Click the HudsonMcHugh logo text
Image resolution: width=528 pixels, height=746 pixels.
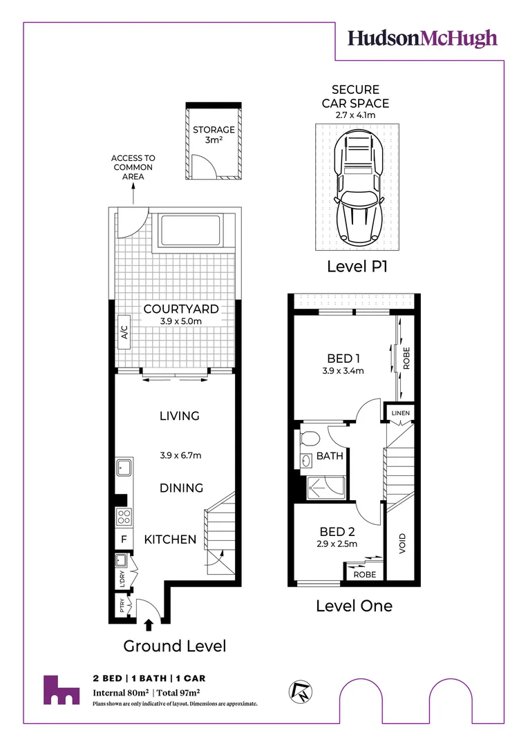(422, 38)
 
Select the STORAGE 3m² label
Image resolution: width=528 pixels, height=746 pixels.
(214, 135)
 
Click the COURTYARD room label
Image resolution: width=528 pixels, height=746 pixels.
(180, 309)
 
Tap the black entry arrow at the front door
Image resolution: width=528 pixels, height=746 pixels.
(149, 625)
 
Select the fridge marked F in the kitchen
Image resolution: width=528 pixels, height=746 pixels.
(123, 539)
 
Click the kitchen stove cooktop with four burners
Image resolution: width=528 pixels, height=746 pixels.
(123, 516)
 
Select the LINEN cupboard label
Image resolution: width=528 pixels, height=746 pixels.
(401, 414)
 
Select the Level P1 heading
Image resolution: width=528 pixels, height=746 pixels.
(357, 267)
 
